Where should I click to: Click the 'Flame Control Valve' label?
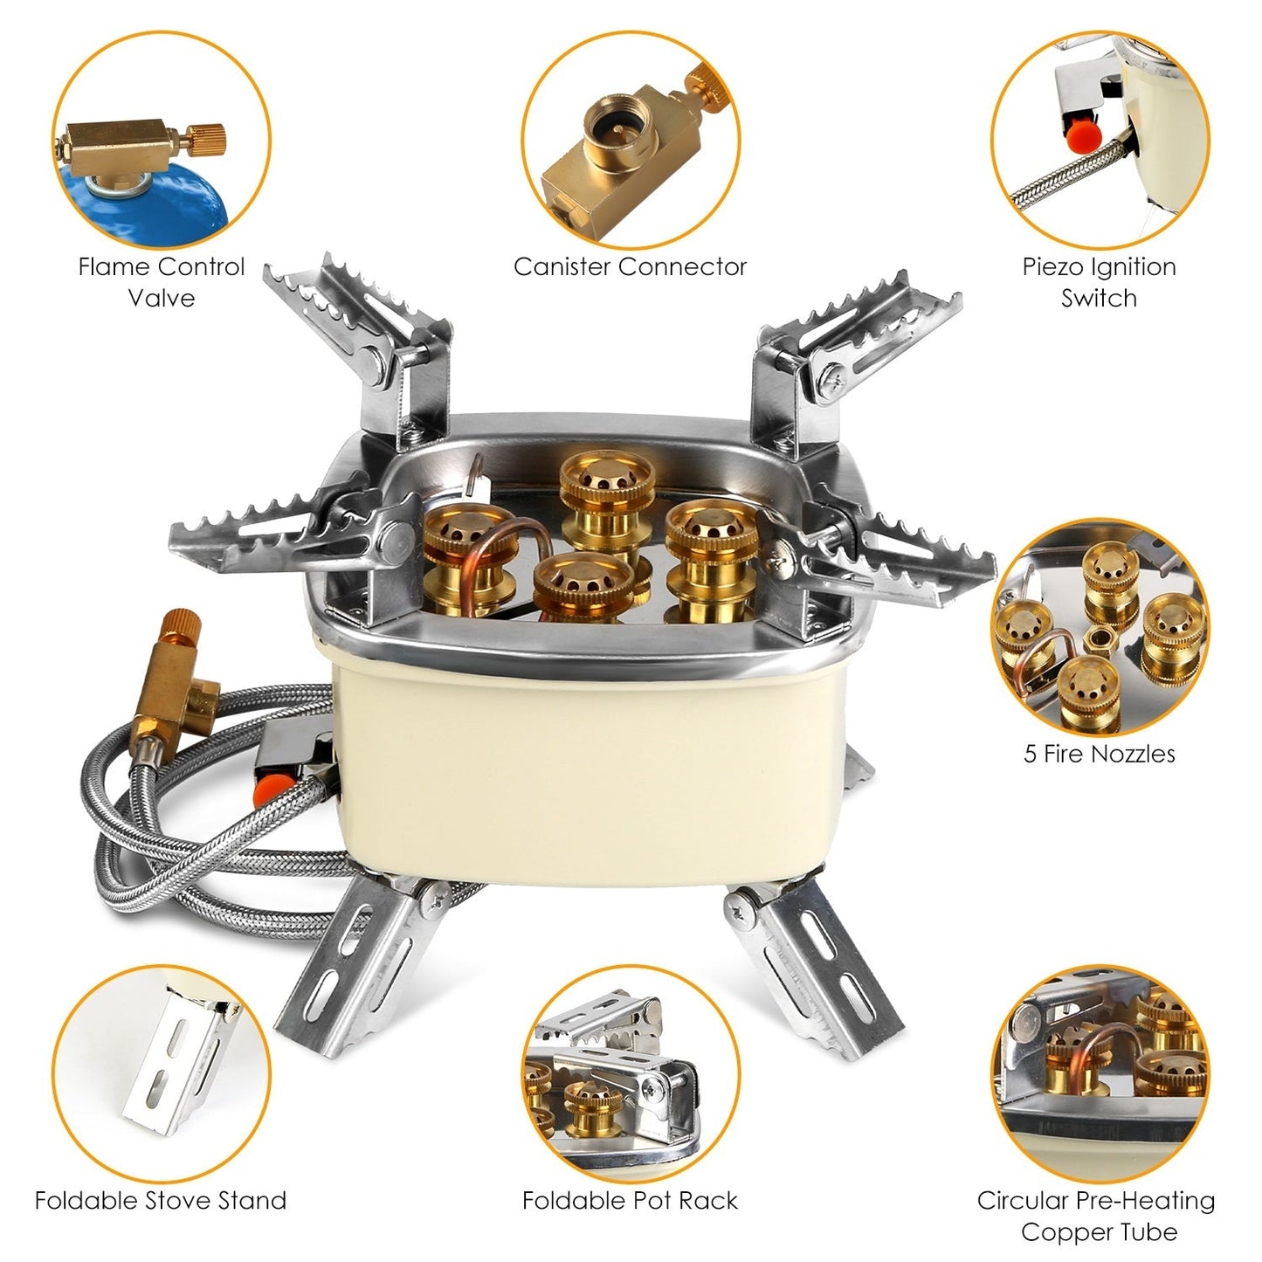[x=162, y=281]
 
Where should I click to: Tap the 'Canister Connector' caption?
[x=630, y=266]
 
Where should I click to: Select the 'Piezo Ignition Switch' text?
[x=1099, y=281]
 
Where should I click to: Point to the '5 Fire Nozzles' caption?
[x=1099, y=754]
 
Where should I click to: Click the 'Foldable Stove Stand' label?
[x=161, y=1200]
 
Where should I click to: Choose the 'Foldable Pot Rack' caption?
[x=630, y=1200]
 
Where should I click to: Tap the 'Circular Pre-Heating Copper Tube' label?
[x=1096, y=1216]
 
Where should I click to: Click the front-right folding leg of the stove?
[x=821, y=961]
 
